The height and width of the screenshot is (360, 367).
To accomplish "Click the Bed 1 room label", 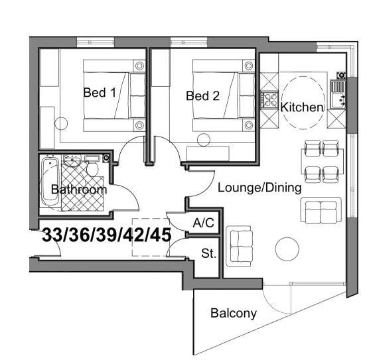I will (100, 93).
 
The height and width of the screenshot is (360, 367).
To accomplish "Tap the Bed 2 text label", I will (202, 95).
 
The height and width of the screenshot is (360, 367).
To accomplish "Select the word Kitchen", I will (301, 107).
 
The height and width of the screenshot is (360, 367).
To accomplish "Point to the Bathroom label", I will (79, 190).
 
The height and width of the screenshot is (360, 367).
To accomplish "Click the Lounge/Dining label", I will (259, 188).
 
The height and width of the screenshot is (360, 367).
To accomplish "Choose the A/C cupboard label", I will (202, 223).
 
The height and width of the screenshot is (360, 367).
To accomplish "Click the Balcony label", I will (233, 314).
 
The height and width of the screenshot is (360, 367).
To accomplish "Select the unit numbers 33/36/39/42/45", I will (106, 235).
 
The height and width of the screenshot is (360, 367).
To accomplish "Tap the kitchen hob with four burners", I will (271, 100).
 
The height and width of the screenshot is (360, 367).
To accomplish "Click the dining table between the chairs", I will (323, 161).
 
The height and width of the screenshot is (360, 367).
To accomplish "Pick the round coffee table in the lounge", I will (288, 249).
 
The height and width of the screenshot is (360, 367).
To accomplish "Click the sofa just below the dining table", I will (321, 211).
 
